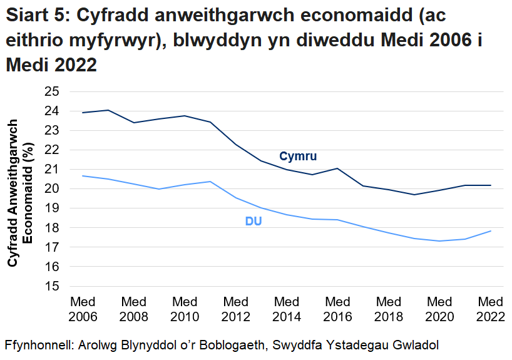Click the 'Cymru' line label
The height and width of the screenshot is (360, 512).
pyautogui.click(x=298, y=156)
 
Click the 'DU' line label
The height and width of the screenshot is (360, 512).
pyautogui.click(x=253, y=222)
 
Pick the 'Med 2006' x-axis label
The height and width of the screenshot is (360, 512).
pyautogui.click(x=83, y=309)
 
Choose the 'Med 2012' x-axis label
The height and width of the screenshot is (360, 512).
pyautogui.click(x=236, y=309)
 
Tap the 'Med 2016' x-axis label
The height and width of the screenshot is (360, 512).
pyautogui.click(x=338, y=309)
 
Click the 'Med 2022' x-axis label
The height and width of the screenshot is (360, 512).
pyautogui.click(x=491, y=309)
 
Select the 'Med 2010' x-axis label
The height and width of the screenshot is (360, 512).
pyautogui.click(x=185, y=309)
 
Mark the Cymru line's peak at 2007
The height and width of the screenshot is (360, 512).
pyautogui.click(x=108, y=110)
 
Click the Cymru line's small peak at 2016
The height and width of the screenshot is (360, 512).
pyautogui.click(x=338, y=168)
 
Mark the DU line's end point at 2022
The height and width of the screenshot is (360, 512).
pyautogui.click(x=491, y=231)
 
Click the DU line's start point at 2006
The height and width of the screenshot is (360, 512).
pyautogui.click(x=83, y=176)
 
